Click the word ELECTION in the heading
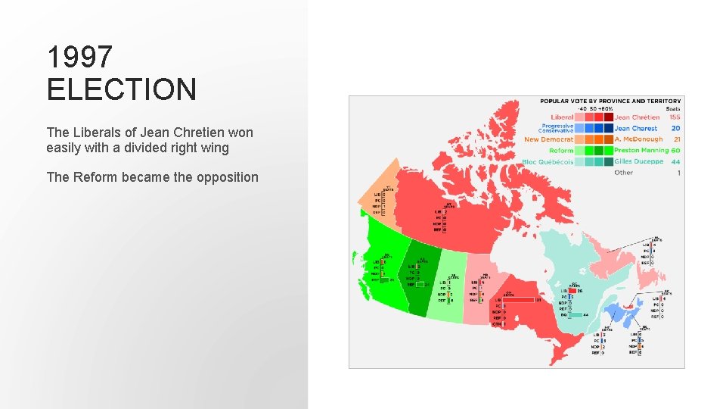pos(121,89)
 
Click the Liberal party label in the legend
pos(562,117)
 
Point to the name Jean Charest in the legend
pos(636,129)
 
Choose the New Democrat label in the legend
pos(548,139)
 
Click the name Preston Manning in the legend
pos(641,151)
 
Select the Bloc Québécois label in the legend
pos(548,162)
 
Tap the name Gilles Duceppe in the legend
pos(638,162)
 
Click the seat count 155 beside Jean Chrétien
pos(674,117)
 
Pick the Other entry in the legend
pos(623,173)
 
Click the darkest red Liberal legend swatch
pos(608,117)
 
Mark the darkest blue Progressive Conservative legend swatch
pos(608,129)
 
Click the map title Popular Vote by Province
pos(610,101)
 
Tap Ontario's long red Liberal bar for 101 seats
pos(529,300)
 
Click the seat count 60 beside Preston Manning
pos(675,151)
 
